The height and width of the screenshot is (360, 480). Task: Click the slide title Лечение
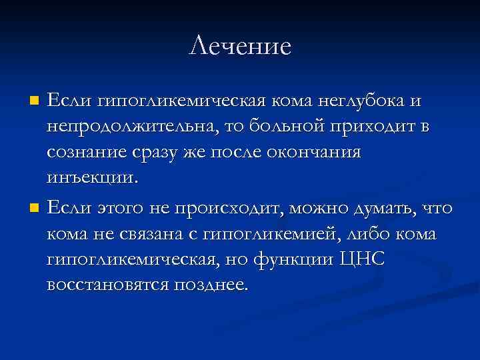point(240,47)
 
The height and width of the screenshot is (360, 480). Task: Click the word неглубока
point(359,101)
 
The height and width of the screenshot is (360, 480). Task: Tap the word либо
point(368,234)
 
